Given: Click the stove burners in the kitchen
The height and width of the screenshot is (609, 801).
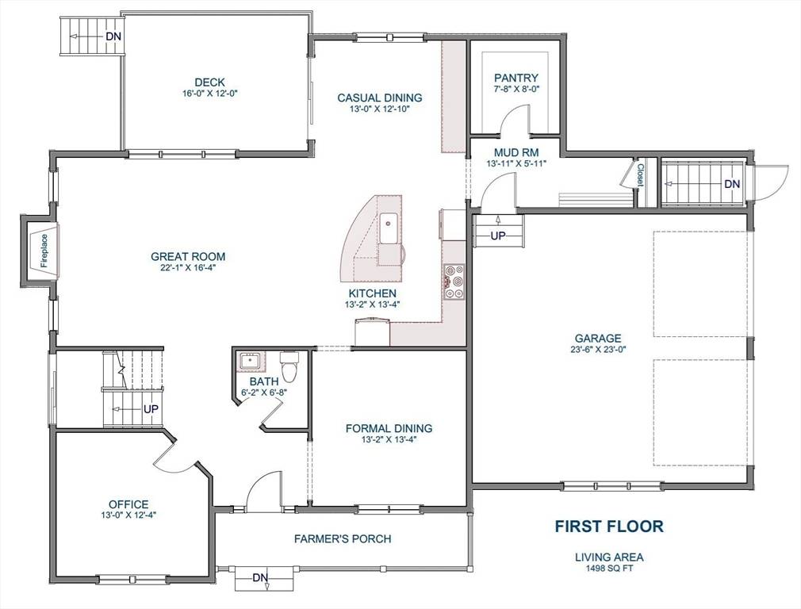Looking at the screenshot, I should click(455, 281).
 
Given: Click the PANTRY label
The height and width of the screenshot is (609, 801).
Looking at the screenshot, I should click(516, 78).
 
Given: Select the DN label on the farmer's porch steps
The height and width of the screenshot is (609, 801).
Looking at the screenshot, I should click(260, 577).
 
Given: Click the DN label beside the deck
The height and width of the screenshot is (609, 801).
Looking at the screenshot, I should click(113, 36).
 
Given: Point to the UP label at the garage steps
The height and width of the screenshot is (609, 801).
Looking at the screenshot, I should click(498, 236).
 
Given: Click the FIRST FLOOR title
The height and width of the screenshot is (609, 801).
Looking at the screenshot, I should click(608, 526).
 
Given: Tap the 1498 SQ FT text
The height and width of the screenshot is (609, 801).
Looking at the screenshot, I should click(609, 568).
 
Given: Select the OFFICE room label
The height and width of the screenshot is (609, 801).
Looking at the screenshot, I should click(128, 504).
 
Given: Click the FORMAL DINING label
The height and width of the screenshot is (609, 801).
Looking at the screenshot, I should click(389, 428).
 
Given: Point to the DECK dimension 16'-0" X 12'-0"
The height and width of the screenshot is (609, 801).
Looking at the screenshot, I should click(209, 93).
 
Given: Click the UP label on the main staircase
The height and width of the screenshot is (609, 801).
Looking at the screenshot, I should click(150, 409).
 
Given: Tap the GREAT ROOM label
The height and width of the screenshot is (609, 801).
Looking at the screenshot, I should click(188, 256).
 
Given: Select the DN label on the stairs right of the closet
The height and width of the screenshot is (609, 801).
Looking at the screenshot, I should click(731, 184).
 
